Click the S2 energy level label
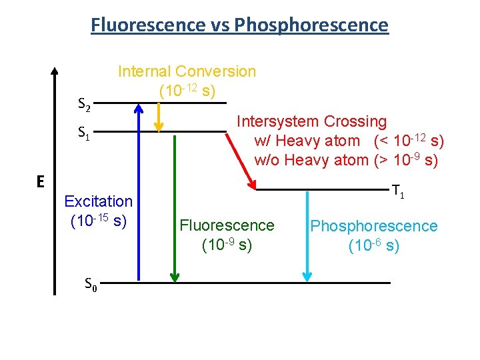tap(84, 105)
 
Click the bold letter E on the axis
tap(41, 181)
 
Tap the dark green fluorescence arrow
tap(173, 207)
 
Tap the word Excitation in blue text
tap(98, 201)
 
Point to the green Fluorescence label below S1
tap(227, 226)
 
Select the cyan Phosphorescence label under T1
tap(374, 226)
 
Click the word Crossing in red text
tap(355, 121)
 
